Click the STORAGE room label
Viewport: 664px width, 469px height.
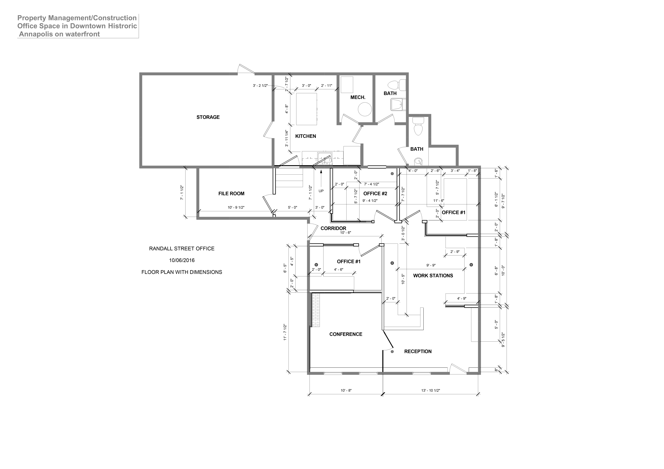point(208,117)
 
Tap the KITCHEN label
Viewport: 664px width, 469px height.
point(305,136)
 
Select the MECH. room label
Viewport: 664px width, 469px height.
point(358,97)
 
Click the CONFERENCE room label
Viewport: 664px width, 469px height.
point(346,334)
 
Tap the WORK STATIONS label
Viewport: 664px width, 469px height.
point(433,276)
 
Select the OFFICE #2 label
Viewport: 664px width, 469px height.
point(375,194)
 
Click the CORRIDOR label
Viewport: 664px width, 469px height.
point(333,228)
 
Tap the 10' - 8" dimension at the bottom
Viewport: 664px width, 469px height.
point(346,390)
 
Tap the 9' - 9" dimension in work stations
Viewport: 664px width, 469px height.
point(431,265)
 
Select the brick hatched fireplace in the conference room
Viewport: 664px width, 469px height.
point(316,310)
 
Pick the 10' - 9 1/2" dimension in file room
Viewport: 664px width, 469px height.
point(236,208)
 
